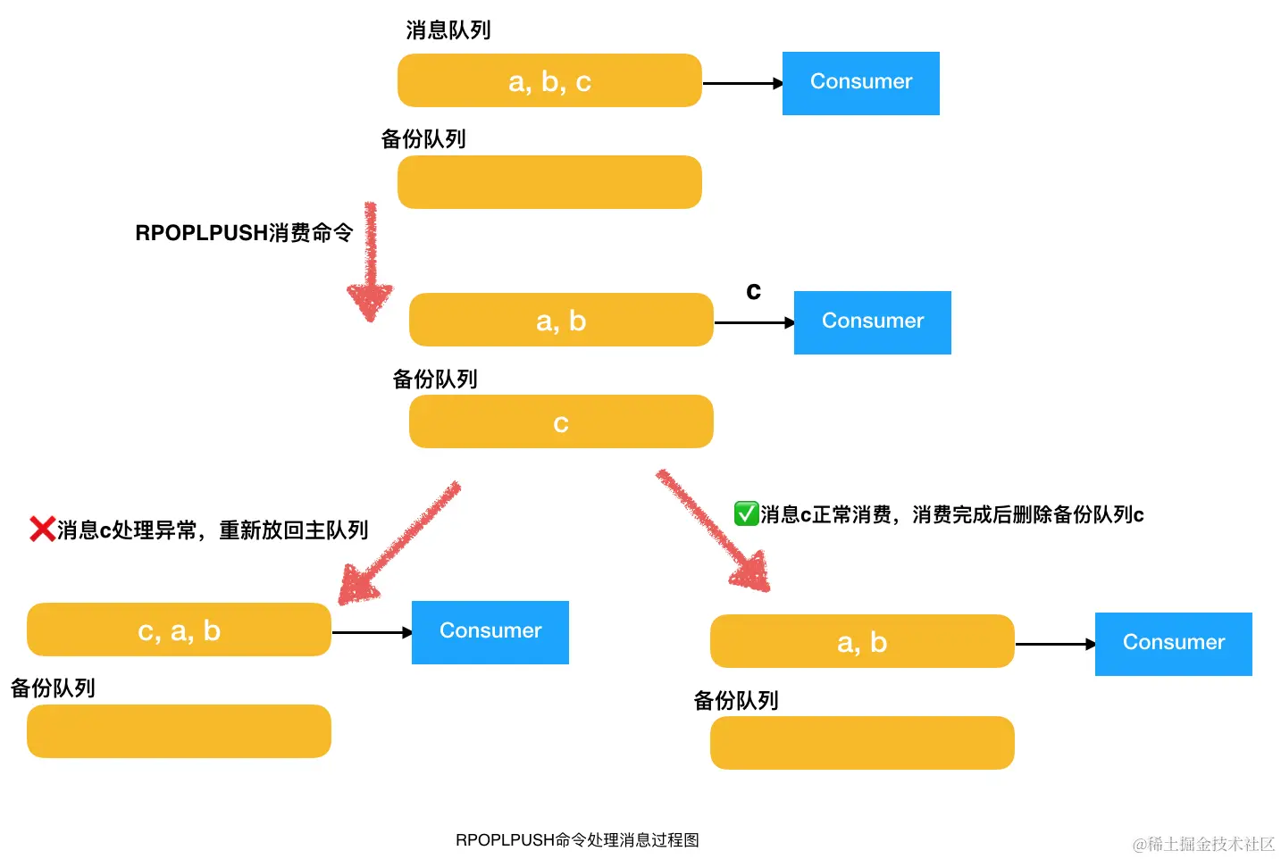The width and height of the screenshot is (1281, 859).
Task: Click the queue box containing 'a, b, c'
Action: [x=549, y=80]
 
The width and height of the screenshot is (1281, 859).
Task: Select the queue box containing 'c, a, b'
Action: [x=179, y=630]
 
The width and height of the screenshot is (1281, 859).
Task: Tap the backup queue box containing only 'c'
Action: [x=561, y=421]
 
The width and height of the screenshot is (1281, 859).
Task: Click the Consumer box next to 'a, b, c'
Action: [x=860, y=83]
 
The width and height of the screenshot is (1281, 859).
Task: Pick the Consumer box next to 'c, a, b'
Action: [x=490, y=632]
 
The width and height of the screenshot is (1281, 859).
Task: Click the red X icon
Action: [x=42, y=530]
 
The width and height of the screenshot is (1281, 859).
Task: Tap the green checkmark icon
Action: [x=746, y=513]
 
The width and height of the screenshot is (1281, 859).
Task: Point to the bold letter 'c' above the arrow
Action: [x=753, y=291]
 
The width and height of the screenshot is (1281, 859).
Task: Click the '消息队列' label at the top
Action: [x=448, y=30]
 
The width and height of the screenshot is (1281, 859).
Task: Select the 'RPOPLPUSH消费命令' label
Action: [x=244, y=233]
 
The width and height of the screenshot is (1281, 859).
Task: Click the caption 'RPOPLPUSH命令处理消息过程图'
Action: [x=577, y=839]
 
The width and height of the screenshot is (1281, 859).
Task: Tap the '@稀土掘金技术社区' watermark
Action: [x=1203, y=844]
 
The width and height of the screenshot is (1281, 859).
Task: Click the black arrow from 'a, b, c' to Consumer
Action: [x=741, y=83]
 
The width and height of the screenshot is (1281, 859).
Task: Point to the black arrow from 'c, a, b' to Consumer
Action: [x=371, y=632]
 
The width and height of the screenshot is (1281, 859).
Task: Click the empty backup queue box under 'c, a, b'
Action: [x=179, y=731]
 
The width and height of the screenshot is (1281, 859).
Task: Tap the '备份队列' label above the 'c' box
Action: [x=435, y=379]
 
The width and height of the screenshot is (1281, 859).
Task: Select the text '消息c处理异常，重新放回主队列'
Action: [x=213, y=530]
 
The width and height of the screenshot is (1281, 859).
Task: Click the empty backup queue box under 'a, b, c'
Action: [x=549, y=182]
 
